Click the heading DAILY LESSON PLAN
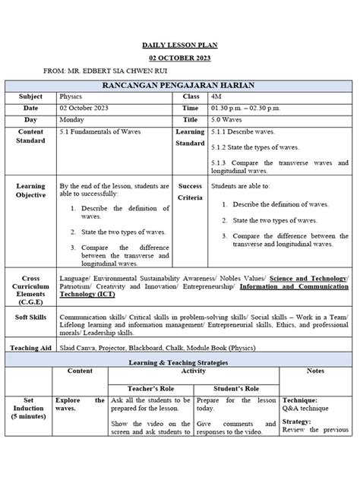pyautogui.click(x=181, y=45)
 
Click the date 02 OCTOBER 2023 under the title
pyautogui.click(x=181, y=58)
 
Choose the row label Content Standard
pyautogui.click(x=31, y=136)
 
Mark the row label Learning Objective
pyautogui.click(x=31, y=190)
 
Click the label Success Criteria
pyautogui.click(x=190, y=191)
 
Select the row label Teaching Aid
pyautogui.click(x=31, y=348)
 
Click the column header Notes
pyautogui.click(x=315, y=371)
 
